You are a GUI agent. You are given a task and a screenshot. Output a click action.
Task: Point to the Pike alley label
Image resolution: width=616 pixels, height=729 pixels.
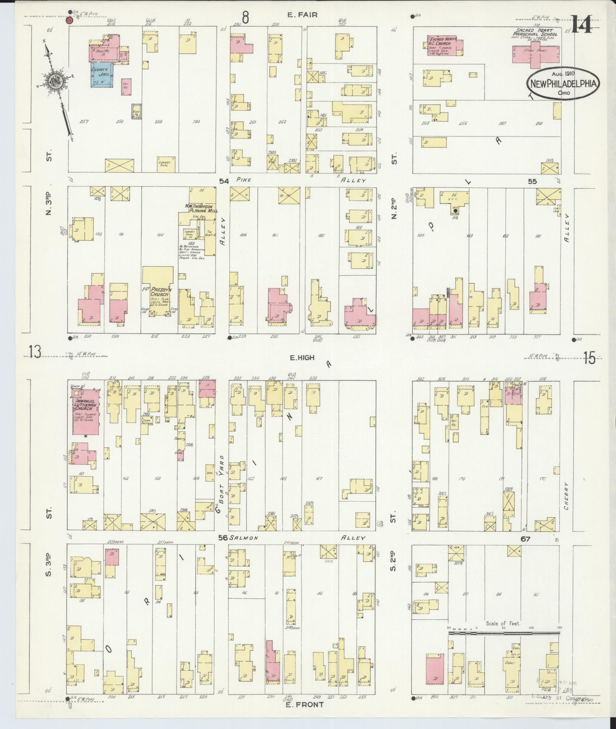pos(245,180)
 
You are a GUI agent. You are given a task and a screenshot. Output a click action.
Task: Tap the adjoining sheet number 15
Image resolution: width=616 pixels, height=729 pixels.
pos(589,358)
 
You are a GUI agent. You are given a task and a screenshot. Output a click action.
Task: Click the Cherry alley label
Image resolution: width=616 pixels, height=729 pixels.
pos(566,496)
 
